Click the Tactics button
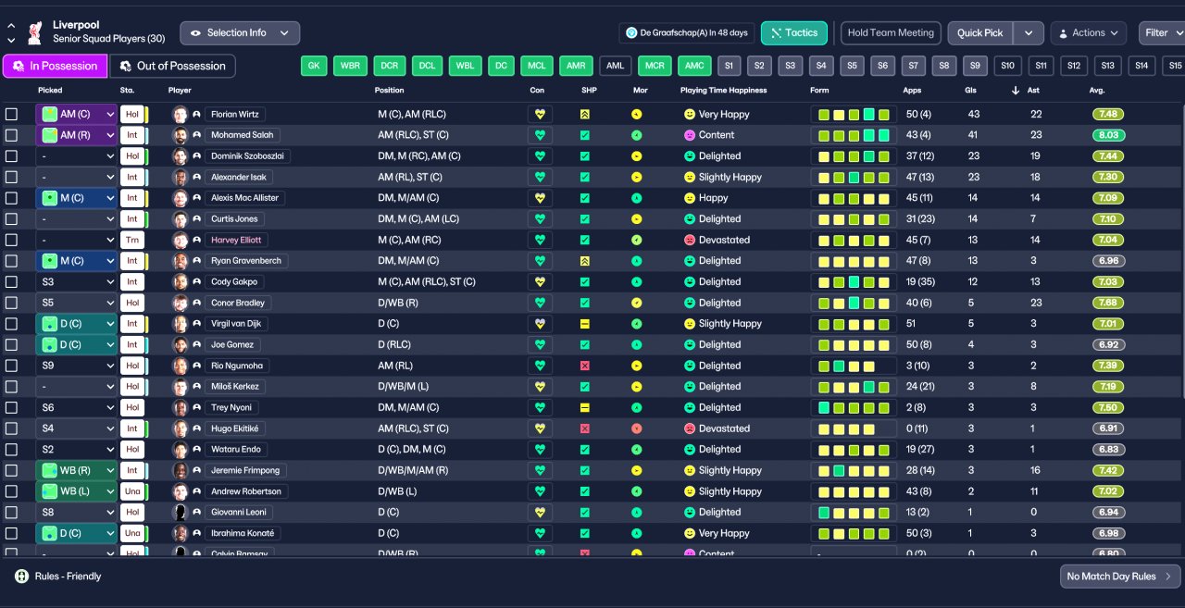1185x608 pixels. tap(793, 33)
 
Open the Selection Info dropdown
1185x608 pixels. tap(239, 33)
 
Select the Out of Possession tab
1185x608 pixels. tap(172, 66)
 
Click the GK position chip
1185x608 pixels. tap(314, 66)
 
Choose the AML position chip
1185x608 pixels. tap(615, 66)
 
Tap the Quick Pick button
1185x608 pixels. tap(979, 33)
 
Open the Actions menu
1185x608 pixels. tap(1088, 33)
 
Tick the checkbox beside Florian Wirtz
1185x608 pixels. tap(11, 115)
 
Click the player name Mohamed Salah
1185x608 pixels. tap(243, 135)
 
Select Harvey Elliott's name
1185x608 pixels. tap(237, 240)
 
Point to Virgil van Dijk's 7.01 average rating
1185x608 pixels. tap(1107, 324)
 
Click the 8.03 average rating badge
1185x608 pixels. tap(1107, 135)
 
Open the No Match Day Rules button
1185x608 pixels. tap(1119, 577)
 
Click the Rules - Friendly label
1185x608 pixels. tap(68, 577)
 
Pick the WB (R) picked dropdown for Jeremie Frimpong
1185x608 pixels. tap(76, 470)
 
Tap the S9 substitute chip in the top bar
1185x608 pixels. tap(975, 66)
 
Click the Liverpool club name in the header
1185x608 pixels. tap(76, 24)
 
